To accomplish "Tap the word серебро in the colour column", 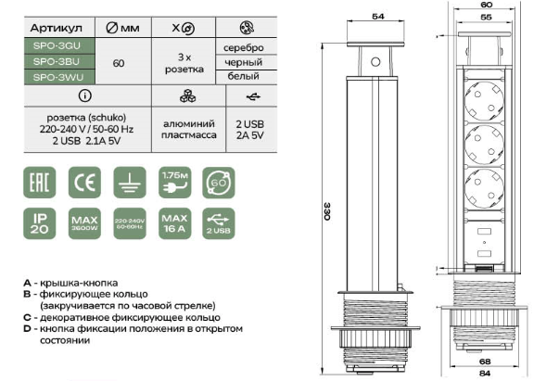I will click(242, 46).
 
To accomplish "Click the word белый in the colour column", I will click(242, 76).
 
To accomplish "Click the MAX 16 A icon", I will click(173, 223).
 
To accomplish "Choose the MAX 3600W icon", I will click(83, 223).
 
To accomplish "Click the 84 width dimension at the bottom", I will click(484, 374).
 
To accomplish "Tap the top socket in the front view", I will click(484, 94).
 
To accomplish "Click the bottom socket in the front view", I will click(484, 182).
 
